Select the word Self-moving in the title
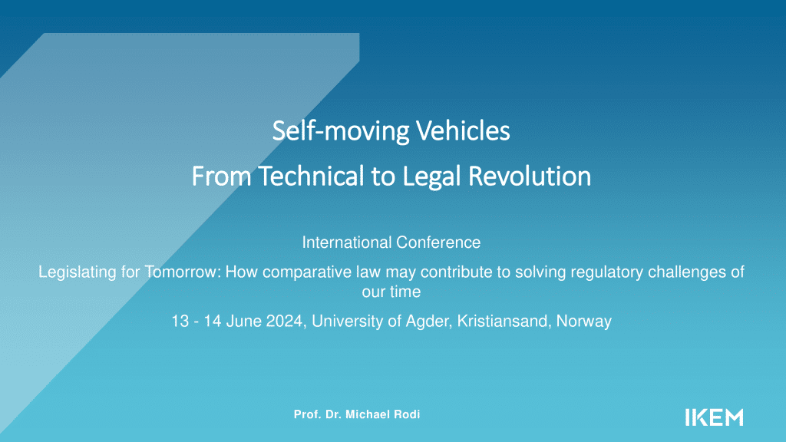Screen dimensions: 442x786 [x=341, y=132]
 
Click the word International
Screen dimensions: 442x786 [x=347, y=242]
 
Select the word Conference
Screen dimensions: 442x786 [x=438, y=242]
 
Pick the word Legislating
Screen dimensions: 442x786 [x=78, y=272]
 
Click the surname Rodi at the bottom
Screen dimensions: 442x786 [x=407, y=414]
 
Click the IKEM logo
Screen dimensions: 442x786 [x=714, y=417]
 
